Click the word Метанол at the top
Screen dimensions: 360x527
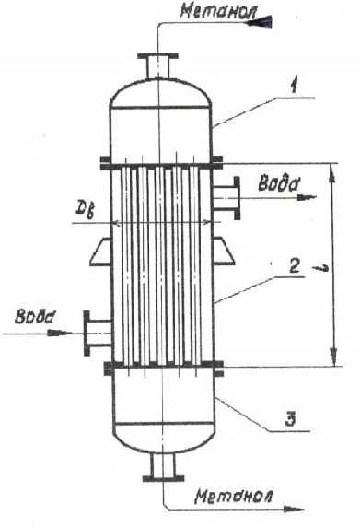[218, 11]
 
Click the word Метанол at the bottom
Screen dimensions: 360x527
[234, 496]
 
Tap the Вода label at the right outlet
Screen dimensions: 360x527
[279, 183]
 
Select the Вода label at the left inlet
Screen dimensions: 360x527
[34, 317]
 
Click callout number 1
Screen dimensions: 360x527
[294, 87]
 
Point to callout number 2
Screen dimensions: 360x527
[295, 267]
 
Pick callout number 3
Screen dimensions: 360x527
[290, 420]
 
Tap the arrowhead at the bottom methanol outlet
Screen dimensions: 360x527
[293, 509]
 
